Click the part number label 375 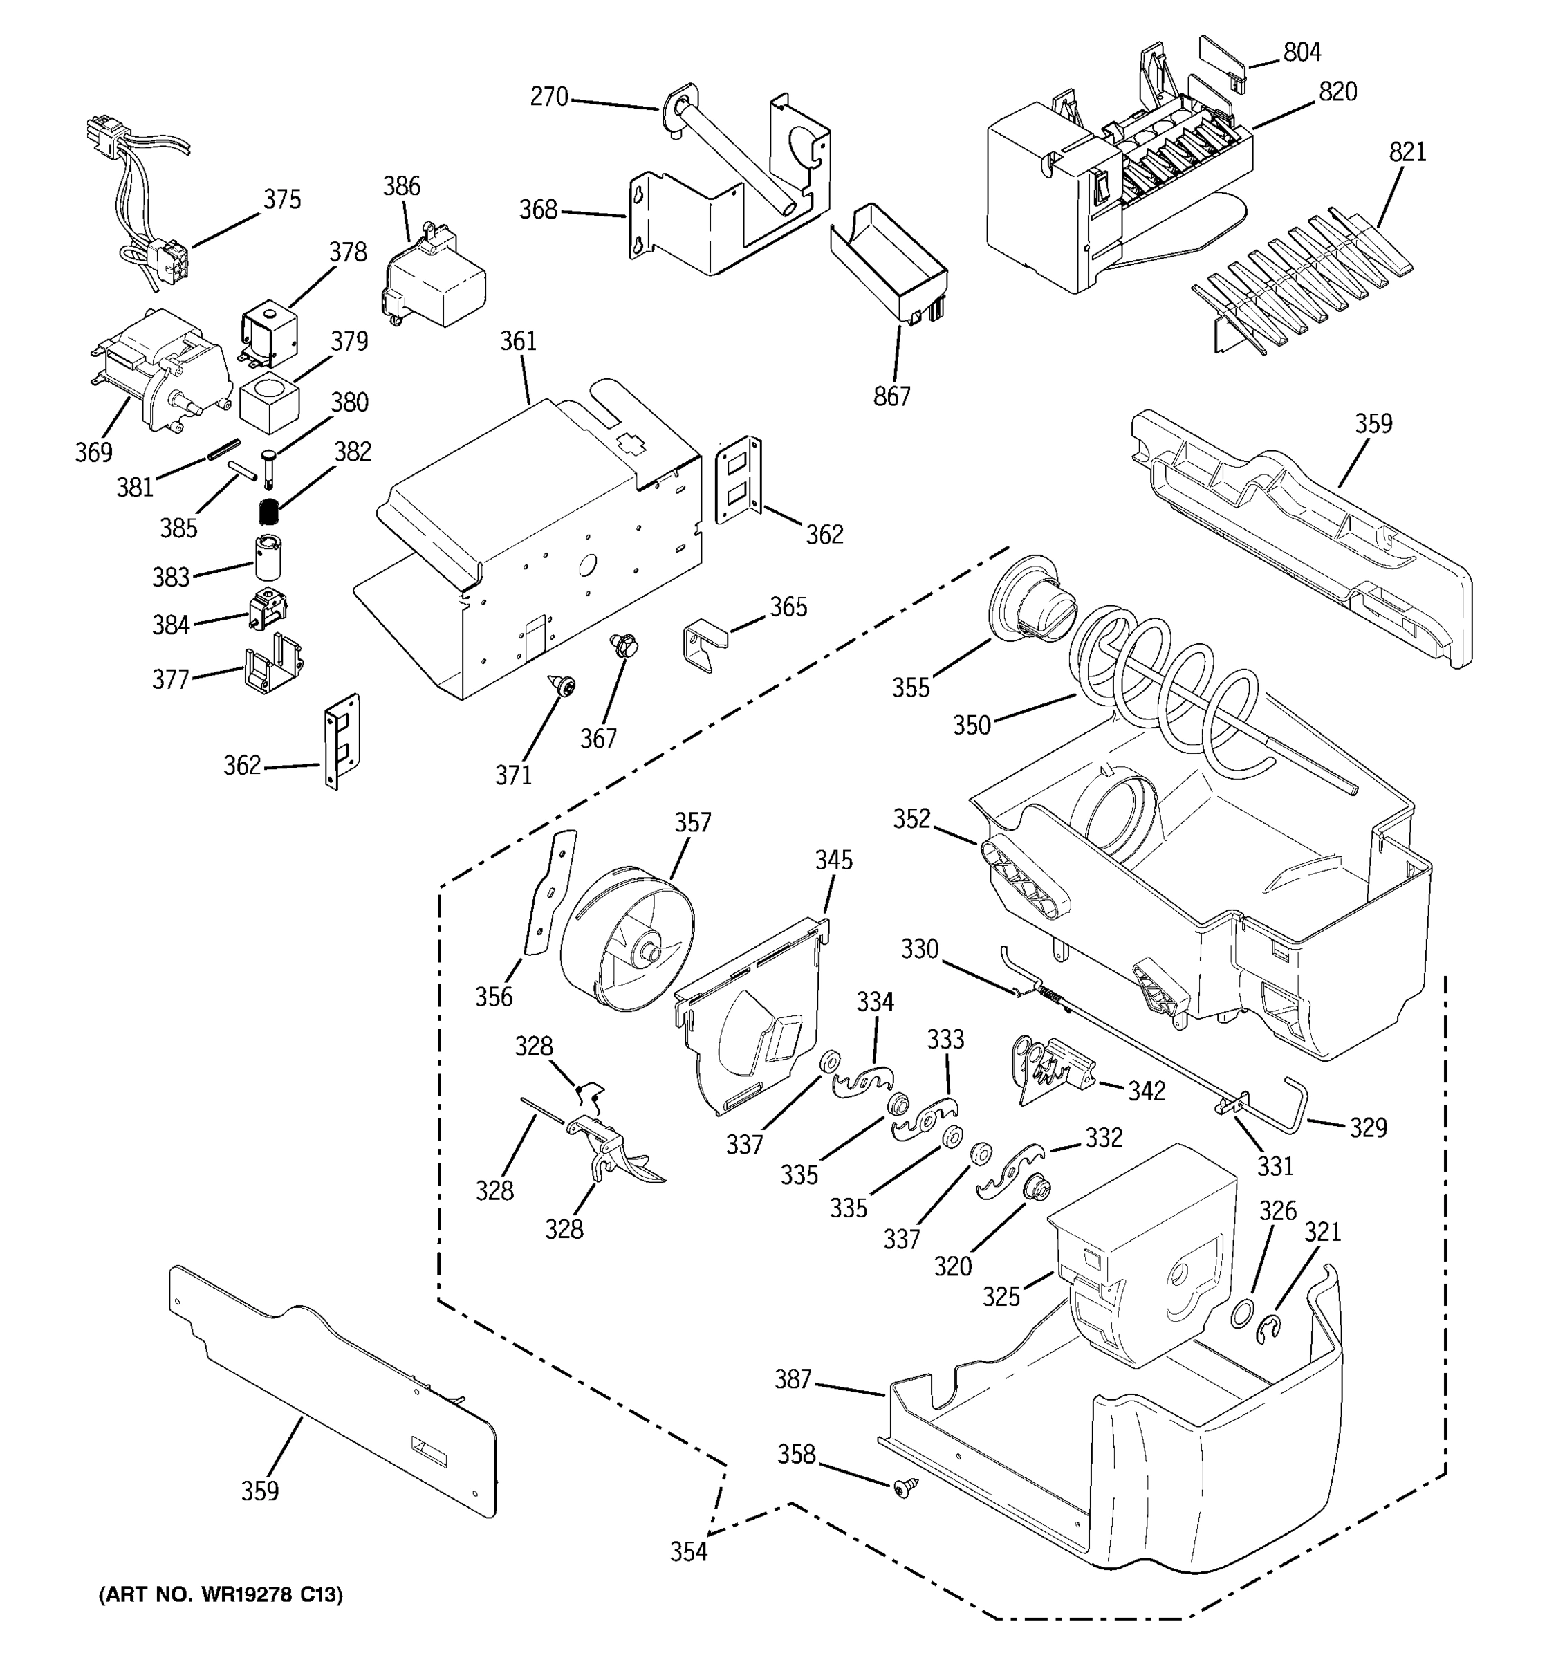pyautogui.click(x=282, y=200)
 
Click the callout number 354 pyautogui.click(x=689, y=1551)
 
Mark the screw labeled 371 pyautogui.click(x=565, y=688)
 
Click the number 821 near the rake pyautogui.click(x=1407, y=152)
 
